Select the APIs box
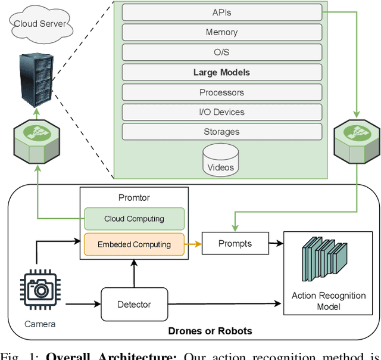(221, 13)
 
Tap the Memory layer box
(221, 32)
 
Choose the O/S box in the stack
(221, 52)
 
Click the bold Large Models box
(221, 72)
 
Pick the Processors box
(221, 92)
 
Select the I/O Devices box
(221, 112)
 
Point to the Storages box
(221, 132)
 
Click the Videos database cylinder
(221, 160)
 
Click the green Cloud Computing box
(134, 219)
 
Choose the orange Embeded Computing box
(134, 244)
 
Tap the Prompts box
(235, 243)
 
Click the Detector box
(134, 305)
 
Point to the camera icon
(40, 290)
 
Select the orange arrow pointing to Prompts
(193, 244)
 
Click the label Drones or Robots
(211, 331)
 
